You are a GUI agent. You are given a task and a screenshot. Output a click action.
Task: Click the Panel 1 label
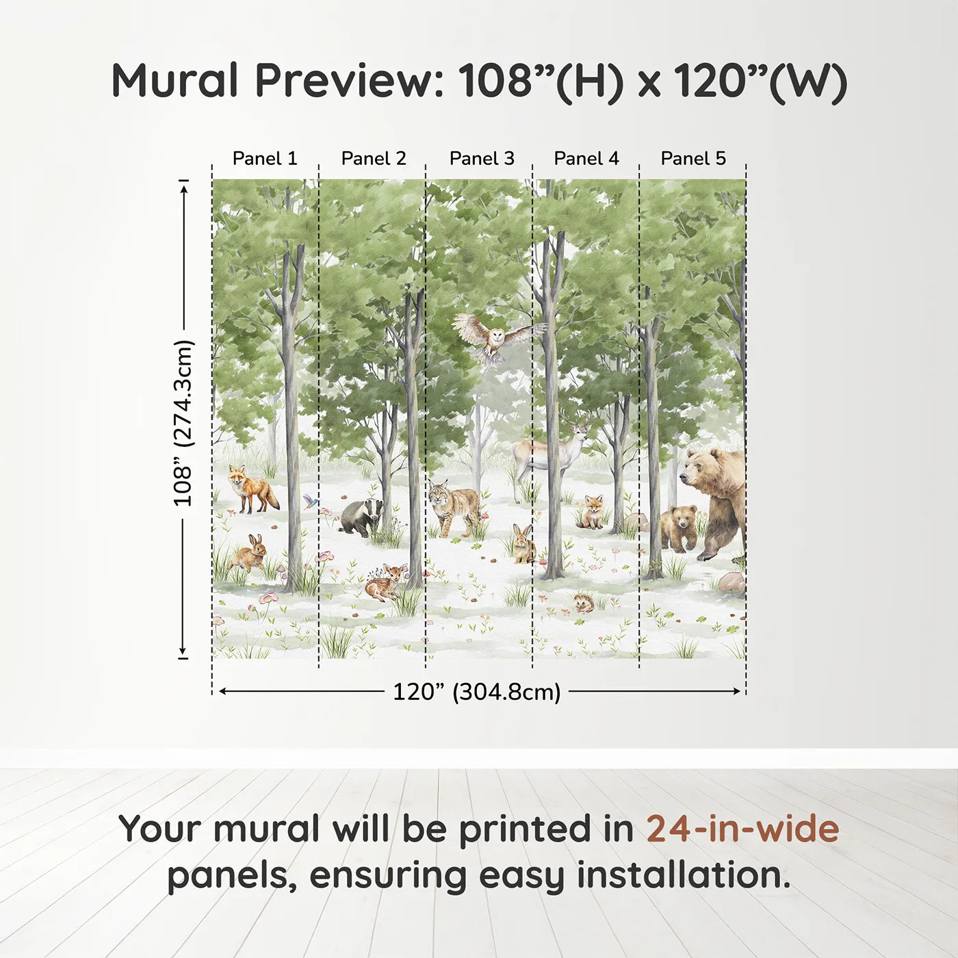click(265, 158)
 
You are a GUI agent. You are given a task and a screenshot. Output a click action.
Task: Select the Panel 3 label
click(481, 158)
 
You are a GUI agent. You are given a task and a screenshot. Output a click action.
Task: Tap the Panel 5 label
click(692, 158)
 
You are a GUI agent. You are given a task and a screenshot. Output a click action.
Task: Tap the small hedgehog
click(584, 603)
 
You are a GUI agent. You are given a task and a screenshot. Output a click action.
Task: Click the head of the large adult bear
click(701, 469)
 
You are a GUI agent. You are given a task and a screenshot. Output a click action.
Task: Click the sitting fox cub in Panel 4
click(592, 512)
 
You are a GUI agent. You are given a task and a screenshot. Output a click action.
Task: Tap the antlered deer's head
click(579, 431)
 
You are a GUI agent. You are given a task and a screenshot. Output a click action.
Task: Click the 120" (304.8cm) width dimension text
click(476, 692)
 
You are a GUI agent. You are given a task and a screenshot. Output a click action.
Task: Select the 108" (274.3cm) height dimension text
click(183, 423)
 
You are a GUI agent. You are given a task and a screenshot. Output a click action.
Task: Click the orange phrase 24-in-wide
click(742, 829)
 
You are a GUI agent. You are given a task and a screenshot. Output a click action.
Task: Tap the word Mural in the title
click(174, 81)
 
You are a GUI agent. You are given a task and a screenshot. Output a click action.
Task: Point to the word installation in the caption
click(683, 875)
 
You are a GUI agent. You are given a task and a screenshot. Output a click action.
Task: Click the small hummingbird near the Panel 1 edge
click(311, 501)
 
